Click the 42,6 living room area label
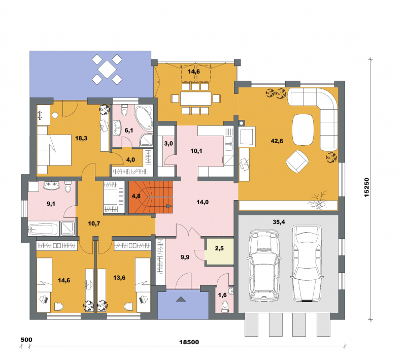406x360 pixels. [x=277, y=141]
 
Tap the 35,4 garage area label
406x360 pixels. [x=279, y=222]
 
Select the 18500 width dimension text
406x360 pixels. [x=189, y=342]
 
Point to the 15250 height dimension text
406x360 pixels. [x=366, y=187]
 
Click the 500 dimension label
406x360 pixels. [x=26, y=340]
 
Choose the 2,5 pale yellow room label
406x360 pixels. [x=219, y=248]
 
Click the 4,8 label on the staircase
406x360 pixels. [x=136, y=196]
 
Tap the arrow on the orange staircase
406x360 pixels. [x=169, y=206]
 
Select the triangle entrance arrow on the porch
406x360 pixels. [x=181, y=299]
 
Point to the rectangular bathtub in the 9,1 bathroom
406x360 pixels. [x=43, y=230]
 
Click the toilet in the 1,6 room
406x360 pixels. [x=225, y=306]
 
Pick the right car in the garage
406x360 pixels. [x=307, y=264]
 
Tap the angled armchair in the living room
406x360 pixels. [x=297, y=161]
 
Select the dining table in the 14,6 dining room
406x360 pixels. [x=196, y=99]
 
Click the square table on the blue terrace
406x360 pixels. [x=107, y=69]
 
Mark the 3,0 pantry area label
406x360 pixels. [x=168, y=143]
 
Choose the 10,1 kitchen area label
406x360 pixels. [x=196, y=151]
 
